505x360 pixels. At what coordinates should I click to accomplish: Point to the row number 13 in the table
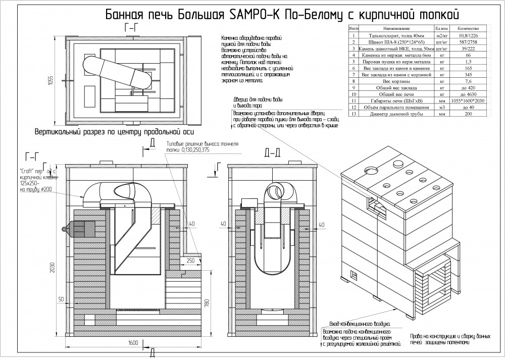pos(353,115)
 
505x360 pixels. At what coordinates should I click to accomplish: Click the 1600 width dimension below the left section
pos(132,343)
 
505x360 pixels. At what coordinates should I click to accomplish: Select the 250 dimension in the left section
pos(190,261)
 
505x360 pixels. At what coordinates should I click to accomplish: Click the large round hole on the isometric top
pos(372,171)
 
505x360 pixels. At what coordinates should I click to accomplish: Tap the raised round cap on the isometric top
pos(397,163)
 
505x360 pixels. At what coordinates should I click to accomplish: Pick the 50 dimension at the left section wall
pos(60,299)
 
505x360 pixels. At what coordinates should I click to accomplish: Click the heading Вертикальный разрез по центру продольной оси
pos(114,133)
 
